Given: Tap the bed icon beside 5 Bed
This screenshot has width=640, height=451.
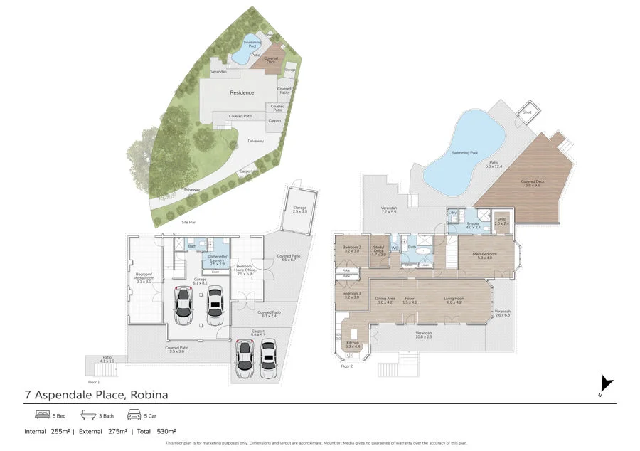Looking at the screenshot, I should point(42,415).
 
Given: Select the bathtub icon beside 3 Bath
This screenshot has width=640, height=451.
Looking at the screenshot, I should point(87,415).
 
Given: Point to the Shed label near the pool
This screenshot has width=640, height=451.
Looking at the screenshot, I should point(527,112).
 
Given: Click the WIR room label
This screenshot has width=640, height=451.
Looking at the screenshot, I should point(501,222).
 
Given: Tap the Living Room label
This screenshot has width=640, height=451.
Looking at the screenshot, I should point(454,299).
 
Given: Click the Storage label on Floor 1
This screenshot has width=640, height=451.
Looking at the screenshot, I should point(299,209).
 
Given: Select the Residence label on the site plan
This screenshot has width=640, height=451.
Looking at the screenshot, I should point(242,93).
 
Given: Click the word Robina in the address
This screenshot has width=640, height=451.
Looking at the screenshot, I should point(147,394).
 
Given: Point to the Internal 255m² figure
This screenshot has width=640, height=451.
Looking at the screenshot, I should point(46,431).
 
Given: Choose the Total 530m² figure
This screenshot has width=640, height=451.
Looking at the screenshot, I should point(157,431).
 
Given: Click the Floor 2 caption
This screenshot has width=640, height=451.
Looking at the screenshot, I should point(347,366).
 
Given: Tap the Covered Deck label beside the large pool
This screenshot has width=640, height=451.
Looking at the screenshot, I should point(532,183).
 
